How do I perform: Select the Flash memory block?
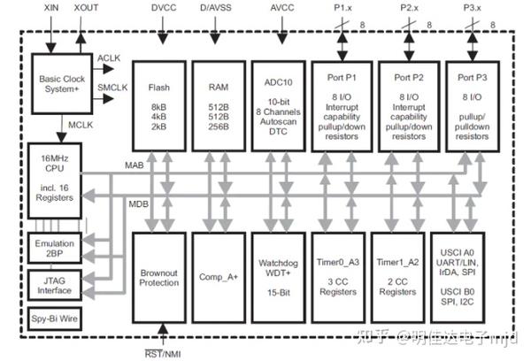coord(159,105)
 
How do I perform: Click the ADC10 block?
coord(280,105)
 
